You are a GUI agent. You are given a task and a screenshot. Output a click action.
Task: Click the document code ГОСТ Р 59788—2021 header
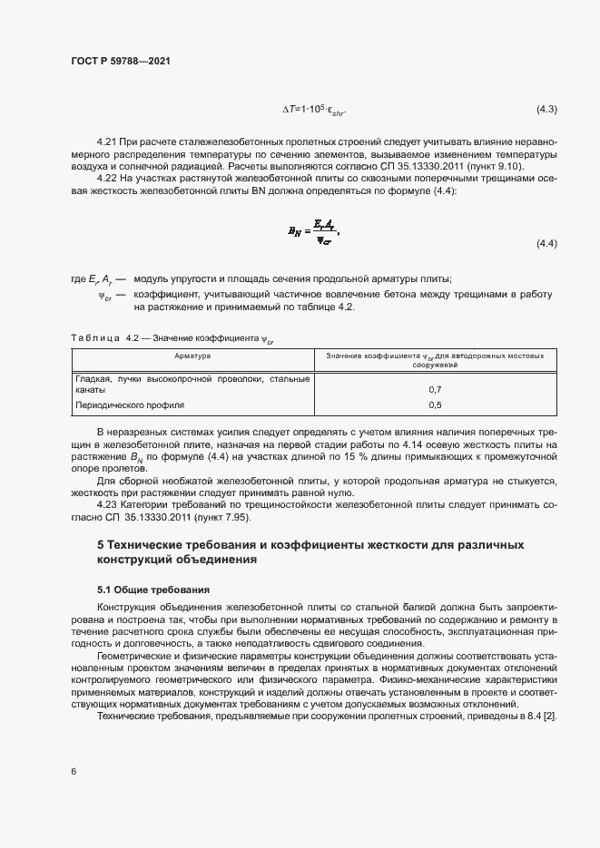(120, 60)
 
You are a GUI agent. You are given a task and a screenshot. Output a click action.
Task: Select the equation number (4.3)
(546, 110)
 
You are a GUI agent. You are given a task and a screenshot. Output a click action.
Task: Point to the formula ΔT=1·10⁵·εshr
(314, 111)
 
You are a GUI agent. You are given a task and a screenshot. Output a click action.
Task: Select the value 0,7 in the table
(434, 389)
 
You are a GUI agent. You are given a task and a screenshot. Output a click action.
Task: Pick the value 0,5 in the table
(434, 405)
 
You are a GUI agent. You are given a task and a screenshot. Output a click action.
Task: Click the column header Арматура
(192, 356)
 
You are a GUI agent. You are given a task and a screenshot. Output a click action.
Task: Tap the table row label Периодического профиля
(130, 405)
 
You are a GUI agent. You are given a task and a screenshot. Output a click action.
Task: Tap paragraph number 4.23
(108, 504)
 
